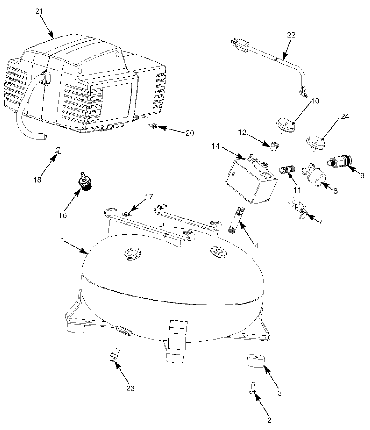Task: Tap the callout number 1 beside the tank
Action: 63,241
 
